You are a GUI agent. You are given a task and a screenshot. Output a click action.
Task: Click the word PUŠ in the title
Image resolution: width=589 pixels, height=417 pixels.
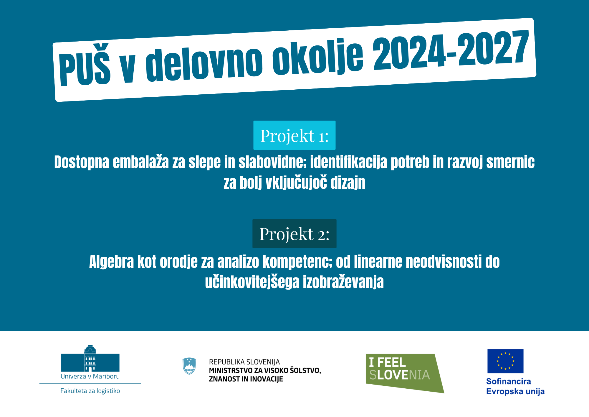tap(85, 65)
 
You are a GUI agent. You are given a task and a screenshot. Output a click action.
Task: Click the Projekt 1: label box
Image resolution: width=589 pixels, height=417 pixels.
tap(294, 135)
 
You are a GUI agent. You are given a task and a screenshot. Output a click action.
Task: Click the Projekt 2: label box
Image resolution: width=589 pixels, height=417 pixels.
tap(294, 234)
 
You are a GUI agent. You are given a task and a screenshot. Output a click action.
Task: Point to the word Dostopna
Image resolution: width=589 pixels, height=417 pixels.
tap(82, 162)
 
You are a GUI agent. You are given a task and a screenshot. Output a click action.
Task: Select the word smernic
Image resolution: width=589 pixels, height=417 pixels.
tap(510, 162)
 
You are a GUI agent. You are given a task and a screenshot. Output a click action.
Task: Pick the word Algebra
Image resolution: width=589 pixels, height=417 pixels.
tap(112, 262)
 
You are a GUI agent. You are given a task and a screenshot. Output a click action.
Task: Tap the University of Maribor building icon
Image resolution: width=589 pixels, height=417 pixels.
tap(90, 358)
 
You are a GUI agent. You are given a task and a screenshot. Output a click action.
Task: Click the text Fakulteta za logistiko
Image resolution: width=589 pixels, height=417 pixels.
tap(90, 391)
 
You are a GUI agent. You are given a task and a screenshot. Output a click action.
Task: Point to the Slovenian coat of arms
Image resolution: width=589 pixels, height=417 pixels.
tap(189, 366)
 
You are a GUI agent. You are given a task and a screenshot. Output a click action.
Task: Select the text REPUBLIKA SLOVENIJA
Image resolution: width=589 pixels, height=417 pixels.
tap(244, 362)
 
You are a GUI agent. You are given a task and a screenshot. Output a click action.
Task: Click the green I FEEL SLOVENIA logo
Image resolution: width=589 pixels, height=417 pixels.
tap(405, 373)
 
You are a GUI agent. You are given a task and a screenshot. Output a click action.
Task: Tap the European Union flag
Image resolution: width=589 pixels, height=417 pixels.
tap(505, 361)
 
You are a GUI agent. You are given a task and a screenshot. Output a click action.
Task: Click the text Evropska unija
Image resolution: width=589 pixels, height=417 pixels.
tap(515, 392)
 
